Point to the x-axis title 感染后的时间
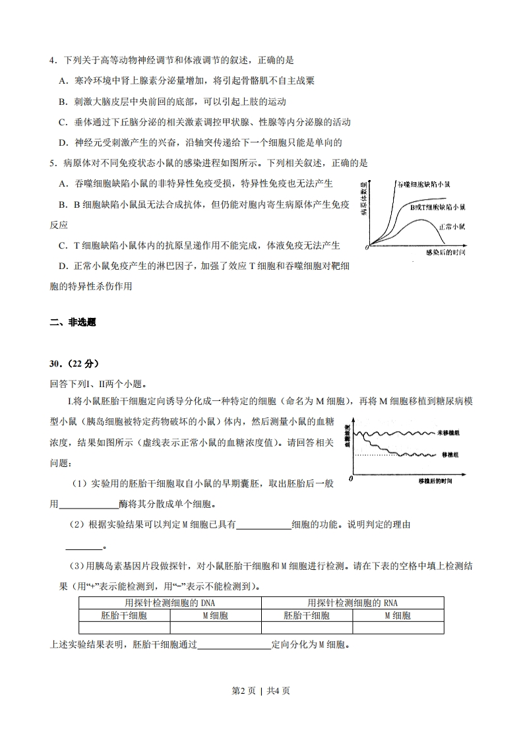pyautogui.click(x=445, y=253)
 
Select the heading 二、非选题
pyautogui.click(x=73, y=323)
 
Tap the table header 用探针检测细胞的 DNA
pyautogui.click(x=170, y=603)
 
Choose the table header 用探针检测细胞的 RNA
pyautogui.click(x=352, y=603)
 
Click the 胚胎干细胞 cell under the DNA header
pyautogui.click(x=124, y=615)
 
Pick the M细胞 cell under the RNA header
pyautogui.click(x=398, y=615)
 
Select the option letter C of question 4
pyautogui.click(x=62, y=122)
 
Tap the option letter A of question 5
pyautogui.click(x=62, y=183)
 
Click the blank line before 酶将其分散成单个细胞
pyautogui.click(x=89, y=505)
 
